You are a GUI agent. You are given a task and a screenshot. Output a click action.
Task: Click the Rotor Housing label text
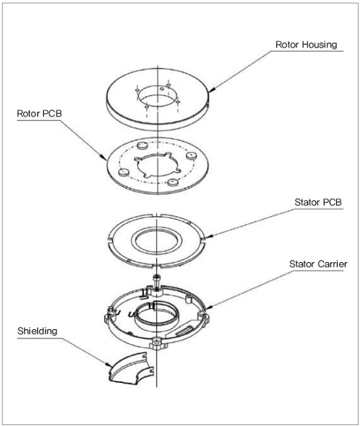click(306, 45)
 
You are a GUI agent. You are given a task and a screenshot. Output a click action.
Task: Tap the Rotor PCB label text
click(40, 114)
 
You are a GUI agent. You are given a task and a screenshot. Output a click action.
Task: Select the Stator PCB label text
click(318, 202)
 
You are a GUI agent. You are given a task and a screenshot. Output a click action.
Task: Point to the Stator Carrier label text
click(318, 264)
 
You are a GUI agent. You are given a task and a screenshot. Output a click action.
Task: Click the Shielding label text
click(37, 331)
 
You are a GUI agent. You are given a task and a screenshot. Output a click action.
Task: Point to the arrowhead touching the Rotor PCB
click(104, 158)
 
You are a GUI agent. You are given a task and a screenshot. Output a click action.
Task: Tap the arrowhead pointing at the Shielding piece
click(108, 364)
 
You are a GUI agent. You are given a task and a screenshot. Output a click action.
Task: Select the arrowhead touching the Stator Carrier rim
click(207, 307)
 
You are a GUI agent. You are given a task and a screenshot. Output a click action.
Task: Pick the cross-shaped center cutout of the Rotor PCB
click(158, 166)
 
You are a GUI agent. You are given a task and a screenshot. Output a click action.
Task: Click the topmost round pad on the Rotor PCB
click(142, 145)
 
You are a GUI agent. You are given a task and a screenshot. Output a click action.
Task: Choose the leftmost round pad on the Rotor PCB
click(124, 172)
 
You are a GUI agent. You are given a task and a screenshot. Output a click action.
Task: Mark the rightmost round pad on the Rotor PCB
click(191, 156)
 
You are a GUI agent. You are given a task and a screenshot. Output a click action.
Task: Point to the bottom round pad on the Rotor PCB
click(173, 182)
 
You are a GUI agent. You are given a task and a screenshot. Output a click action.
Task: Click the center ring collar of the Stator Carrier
click(156, 315)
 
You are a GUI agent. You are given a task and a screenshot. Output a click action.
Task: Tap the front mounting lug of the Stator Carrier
click(158, 343)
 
